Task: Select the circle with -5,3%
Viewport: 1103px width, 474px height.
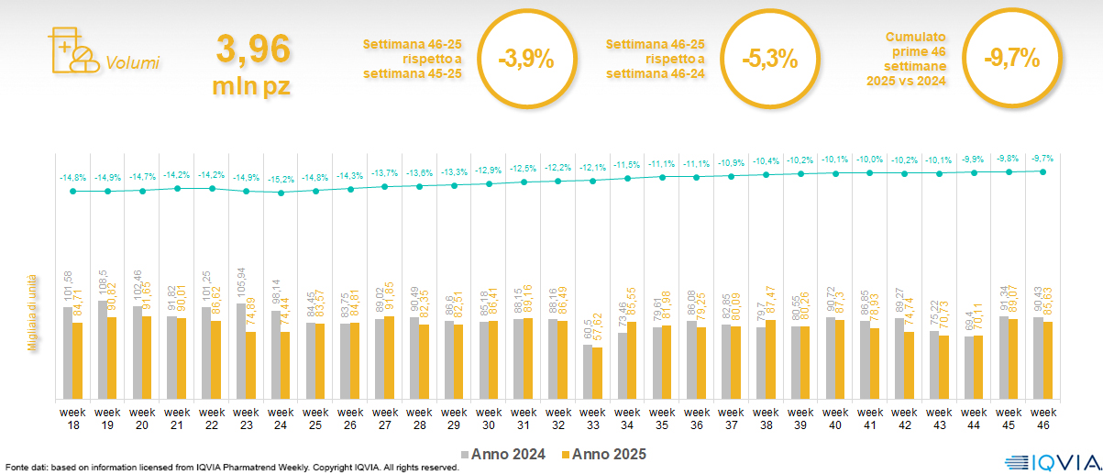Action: coord(768,61)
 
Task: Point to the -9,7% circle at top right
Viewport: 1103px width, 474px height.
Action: coord(1010,59)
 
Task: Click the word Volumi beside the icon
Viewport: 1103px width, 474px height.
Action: coord(133,63)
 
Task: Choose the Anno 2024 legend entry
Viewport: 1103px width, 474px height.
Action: coord(503,454)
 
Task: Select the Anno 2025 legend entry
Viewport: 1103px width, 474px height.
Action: coord(604,454)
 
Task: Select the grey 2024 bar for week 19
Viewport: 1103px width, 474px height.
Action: coord(102,349)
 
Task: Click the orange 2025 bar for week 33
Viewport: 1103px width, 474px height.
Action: coord(599,373)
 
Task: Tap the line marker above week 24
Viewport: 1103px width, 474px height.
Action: coord(281,193)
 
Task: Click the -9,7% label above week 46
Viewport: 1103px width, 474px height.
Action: coord(1042,159)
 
